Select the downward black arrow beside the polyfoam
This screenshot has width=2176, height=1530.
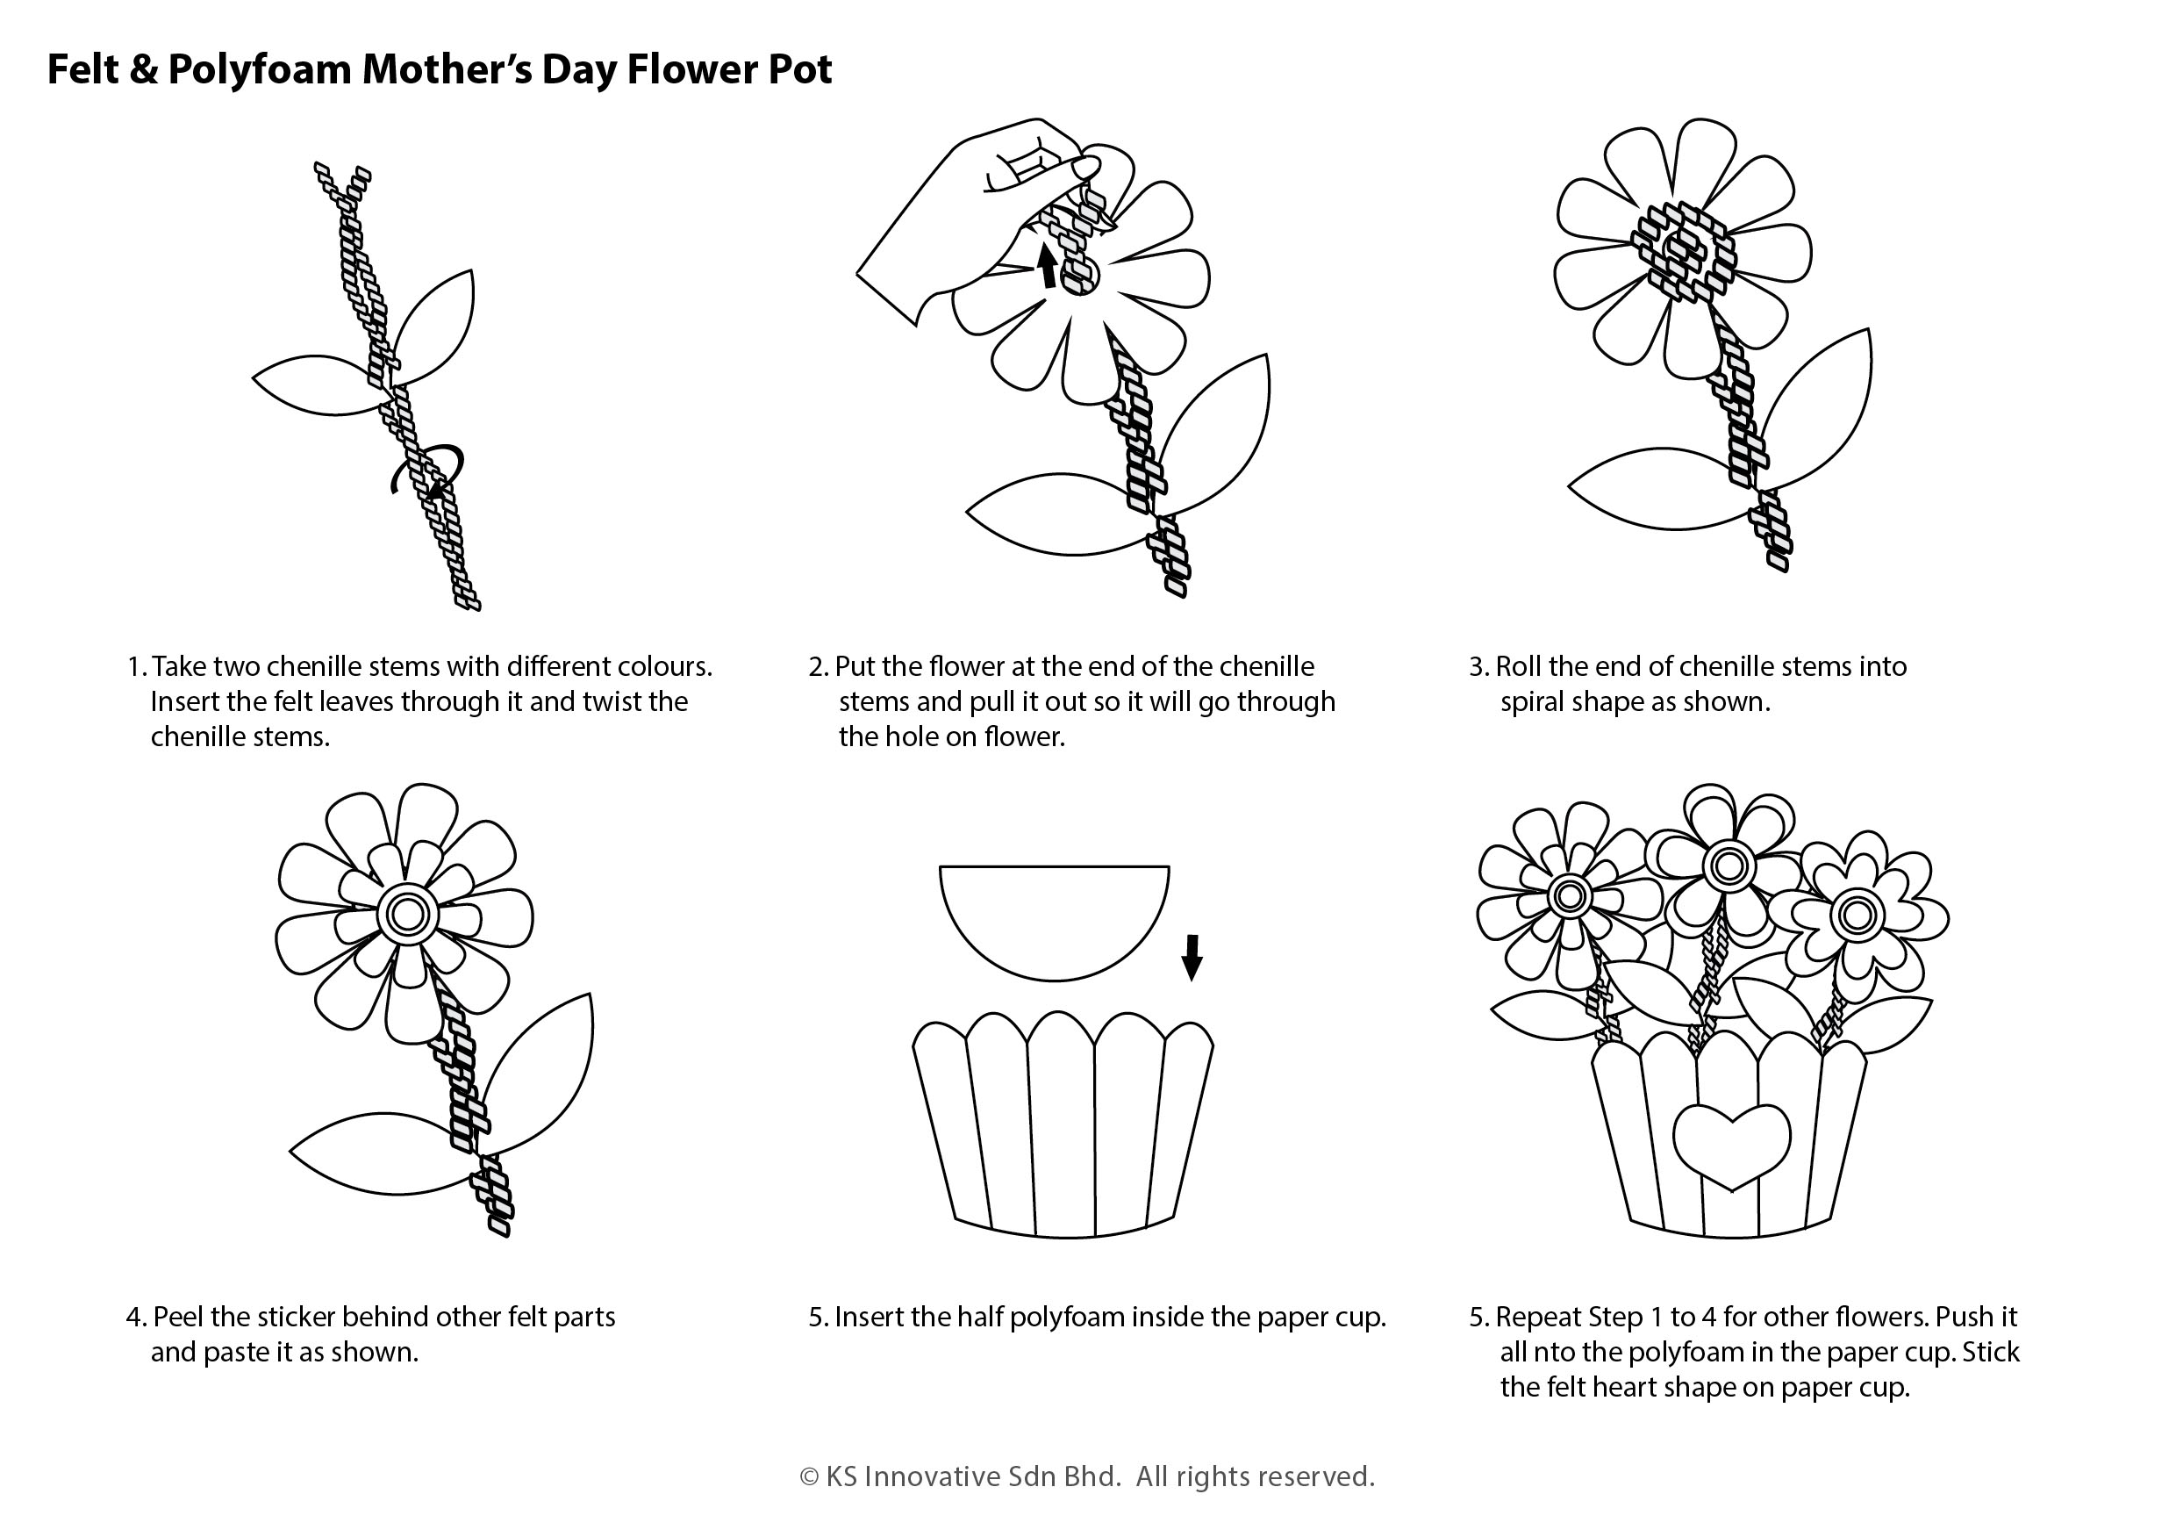coord(1192,958)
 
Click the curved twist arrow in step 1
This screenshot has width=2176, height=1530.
coord(427,471)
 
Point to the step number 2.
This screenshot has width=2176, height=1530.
coord(817,667)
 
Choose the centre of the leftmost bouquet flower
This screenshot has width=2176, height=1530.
coord(1569,896)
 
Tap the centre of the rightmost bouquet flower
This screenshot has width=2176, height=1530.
coord(1854,915)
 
